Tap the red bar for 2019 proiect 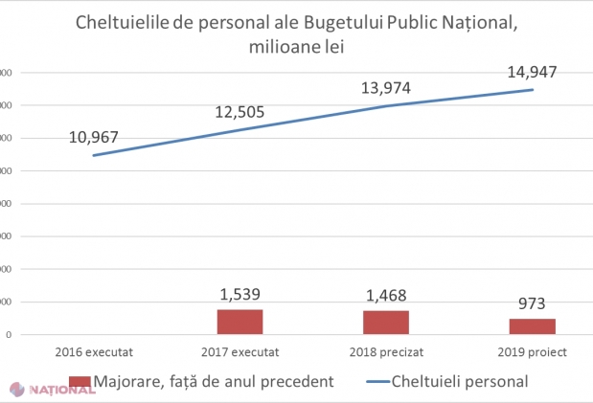coord(533,326)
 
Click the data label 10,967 coord(94,138)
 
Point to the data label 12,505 coord(239,113)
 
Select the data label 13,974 coord(386,88)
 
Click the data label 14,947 coord(533,72)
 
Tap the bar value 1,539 coord(239,294)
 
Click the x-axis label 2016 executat coord(94,351)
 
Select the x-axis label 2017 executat coord(239,351)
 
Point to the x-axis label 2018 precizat coord(386,351)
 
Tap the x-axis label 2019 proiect coord(533,351)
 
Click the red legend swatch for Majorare coord(80,381)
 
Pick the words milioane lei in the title coord(297,46)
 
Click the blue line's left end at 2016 coord(94,155)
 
